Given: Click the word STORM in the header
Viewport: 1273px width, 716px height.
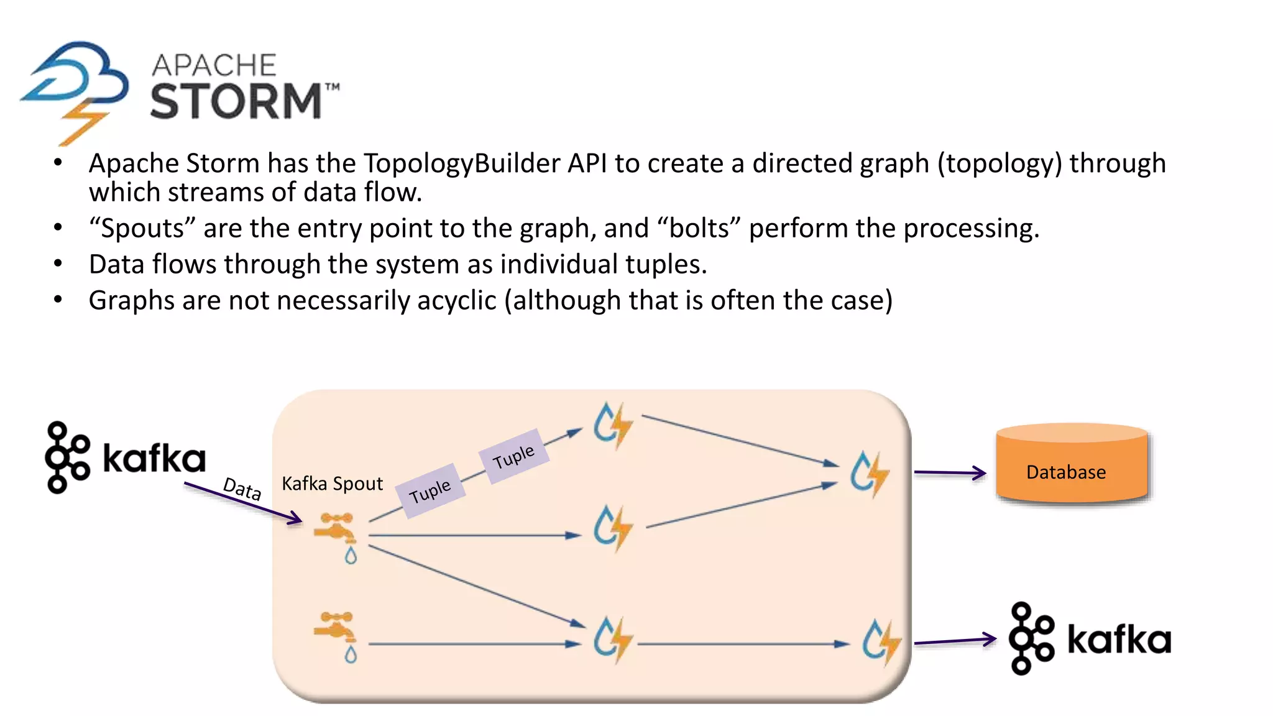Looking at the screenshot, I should click(x=236, y=101).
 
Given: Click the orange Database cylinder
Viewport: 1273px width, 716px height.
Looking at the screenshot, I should click(x=1072, y=464).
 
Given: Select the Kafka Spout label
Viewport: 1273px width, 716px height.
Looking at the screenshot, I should click(x=332, y=484).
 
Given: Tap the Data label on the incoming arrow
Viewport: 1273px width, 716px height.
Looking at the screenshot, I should click(x=242, y=489).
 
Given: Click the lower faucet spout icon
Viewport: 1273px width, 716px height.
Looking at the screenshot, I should click(x=336, y=635).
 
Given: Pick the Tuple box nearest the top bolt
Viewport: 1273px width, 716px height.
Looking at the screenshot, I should click(x=513, y=457).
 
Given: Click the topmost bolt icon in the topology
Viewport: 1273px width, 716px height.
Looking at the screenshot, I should click(x=612, y=425).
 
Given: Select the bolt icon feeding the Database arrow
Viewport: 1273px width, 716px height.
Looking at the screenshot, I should click(x=870, y=474).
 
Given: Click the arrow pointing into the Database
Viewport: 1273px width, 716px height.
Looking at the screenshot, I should click(x=950, y=473).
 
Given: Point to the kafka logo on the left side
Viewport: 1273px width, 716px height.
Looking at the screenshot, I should click(x=125, y=458).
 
